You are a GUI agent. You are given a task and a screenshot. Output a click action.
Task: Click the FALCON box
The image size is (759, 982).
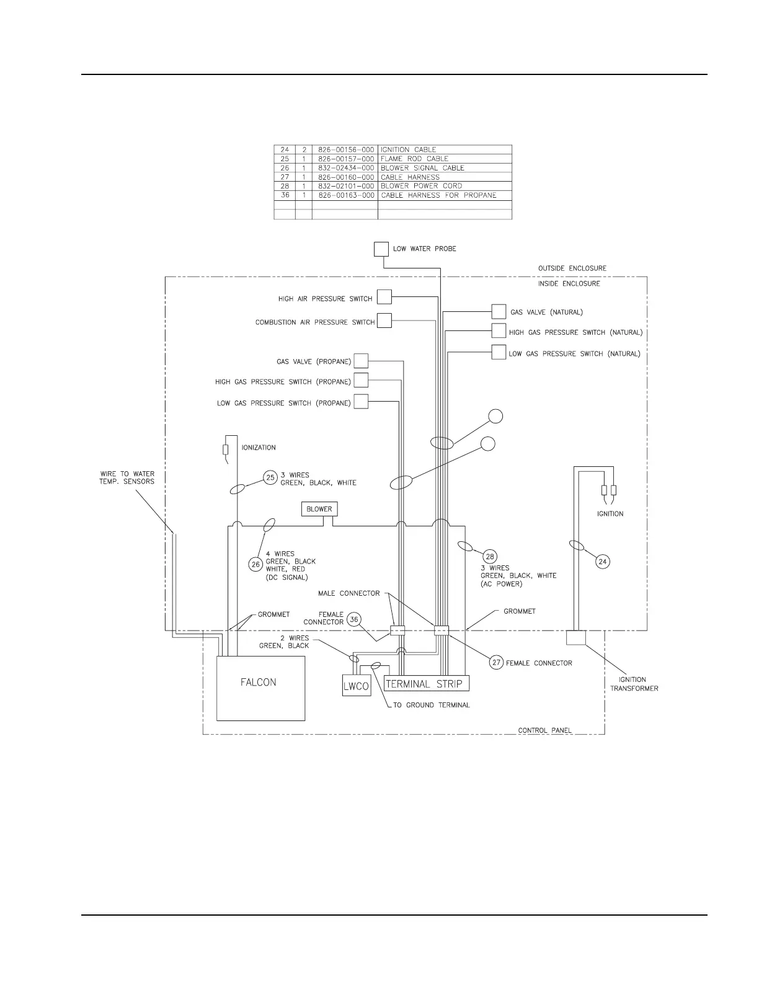[x=260, y=688]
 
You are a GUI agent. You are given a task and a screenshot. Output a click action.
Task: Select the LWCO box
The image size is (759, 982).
[x=357, y=686]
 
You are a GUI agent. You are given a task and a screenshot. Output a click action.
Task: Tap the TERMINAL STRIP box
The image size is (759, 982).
[x=426, y=683]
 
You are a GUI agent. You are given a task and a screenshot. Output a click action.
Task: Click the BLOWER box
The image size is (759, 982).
[x=319, y=509]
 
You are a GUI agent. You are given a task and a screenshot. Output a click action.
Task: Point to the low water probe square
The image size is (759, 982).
[x=381, y=249]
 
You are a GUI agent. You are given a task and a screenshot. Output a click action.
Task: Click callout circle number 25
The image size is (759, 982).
[x=270, y=478]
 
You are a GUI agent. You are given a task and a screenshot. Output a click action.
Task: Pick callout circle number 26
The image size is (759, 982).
[x=255, y=564]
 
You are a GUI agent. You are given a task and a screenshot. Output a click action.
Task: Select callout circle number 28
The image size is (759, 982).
[x=490, y=556]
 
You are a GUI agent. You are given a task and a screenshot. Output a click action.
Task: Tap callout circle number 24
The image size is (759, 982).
[x=603, y=562]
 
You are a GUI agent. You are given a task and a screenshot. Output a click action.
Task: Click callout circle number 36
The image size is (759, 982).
[x=354, y=619]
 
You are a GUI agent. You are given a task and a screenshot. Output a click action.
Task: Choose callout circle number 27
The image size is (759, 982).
[x=496, y=663]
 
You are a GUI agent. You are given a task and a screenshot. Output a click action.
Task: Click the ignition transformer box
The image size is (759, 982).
[x=576, y=637]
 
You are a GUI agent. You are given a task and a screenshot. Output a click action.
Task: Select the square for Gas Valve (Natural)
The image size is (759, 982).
[x=499, y=311]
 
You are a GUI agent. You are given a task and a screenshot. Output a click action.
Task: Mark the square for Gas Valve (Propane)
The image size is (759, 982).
[x=361, y=361]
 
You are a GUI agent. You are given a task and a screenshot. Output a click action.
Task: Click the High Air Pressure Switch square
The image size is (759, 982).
[x=384, y=297]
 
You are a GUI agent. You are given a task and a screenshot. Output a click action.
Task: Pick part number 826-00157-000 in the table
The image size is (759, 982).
[x=346, y=159]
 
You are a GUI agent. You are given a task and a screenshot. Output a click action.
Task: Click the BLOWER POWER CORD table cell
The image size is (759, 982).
[x=422, y=186]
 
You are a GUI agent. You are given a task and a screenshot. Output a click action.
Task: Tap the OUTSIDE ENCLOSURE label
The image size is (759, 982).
[x=572, y=268]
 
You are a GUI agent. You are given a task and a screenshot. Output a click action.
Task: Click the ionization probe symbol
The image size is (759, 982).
[x=226, y=450]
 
